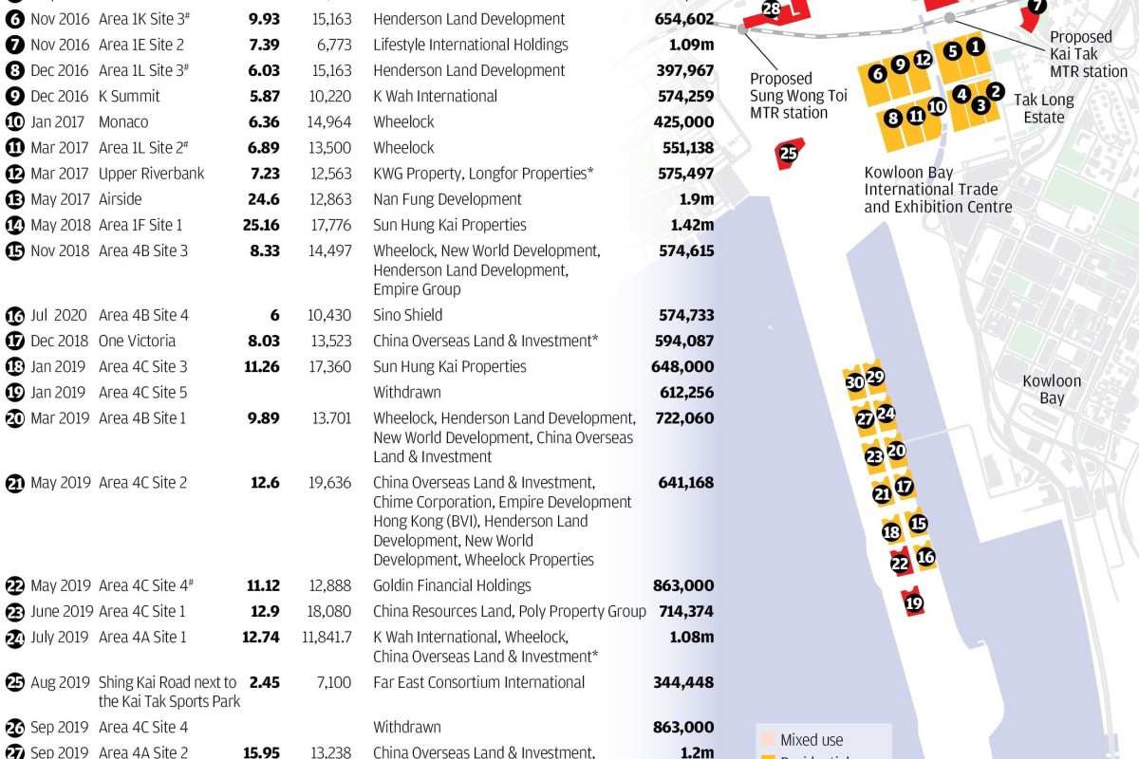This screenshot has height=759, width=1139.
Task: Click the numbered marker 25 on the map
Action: click(x=788, y=153)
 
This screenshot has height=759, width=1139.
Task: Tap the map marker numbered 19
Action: click(x=914, y=602)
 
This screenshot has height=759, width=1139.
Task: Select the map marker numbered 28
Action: click(x=772, y=9)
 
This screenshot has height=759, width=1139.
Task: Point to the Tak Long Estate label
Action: click(x=1044, y=108)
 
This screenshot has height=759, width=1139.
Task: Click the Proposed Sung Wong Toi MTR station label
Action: click(x=789, y=95)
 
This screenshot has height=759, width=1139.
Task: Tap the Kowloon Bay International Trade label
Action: click(x=938, y=190)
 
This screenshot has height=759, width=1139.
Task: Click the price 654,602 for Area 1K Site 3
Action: click(x=683, y=19)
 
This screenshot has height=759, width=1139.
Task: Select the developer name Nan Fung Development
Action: click(x=447, y=199)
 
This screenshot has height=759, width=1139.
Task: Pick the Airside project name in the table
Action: click(x=120, y=199)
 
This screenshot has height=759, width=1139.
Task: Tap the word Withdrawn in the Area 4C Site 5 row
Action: click(x=407, y=392)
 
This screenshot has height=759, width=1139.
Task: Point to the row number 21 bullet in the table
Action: click(x=15, y=483)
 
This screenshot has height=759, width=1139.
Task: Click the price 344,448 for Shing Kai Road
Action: click(x=683, y=682)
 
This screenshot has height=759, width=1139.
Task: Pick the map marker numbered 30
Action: click(x=854, y=382)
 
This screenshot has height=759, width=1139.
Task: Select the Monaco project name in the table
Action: click(x=123, y=121)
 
